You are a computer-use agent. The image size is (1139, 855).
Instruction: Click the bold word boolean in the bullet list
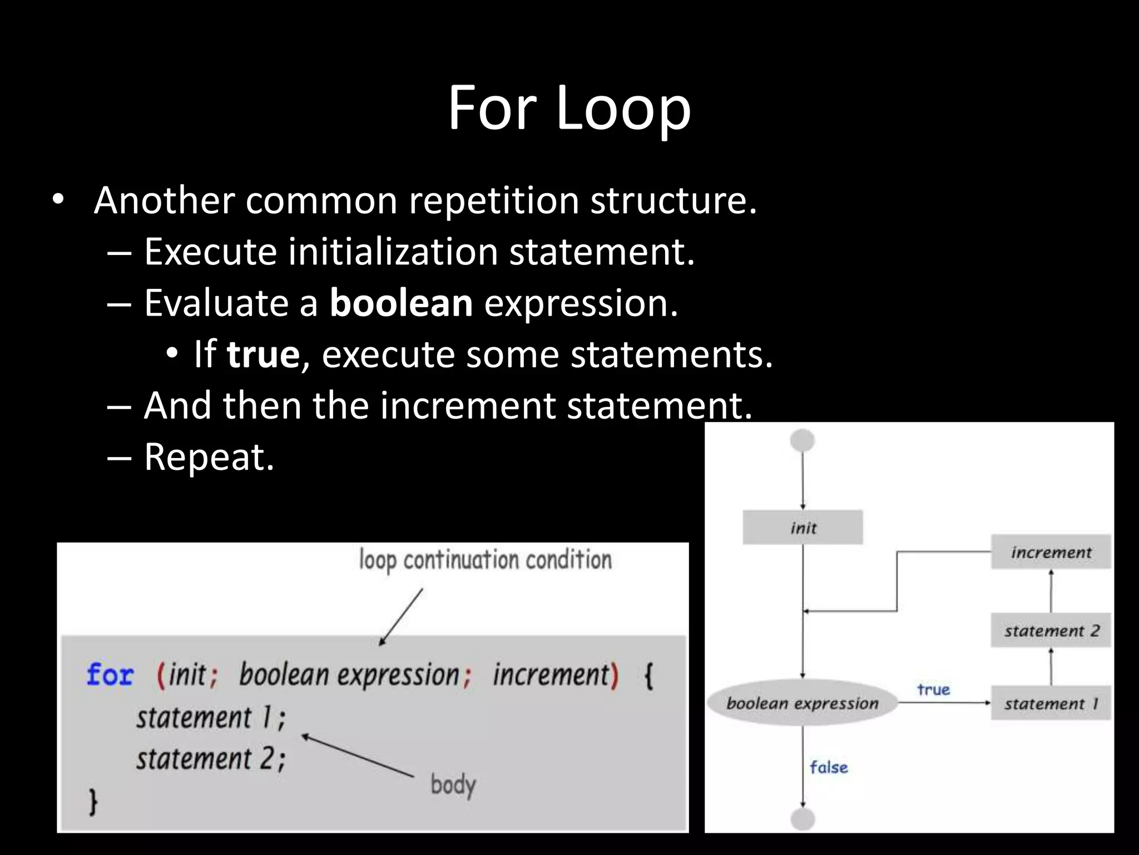click(x=401, y=303)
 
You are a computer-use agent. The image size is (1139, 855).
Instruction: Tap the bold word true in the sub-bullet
click(x=263, y=355)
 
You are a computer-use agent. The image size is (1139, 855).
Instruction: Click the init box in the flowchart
click(x=803, y=527)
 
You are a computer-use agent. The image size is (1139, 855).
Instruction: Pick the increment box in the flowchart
click(x=1051, y=552)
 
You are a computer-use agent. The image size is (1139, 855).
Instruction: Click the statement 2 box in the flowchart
click(x=1051, y=631)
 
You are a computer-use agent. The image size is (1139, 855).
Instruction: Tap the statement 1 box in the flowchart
click(x=1051, y=704)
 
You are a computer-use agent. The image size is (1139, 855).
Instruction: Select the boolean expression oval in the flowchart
click(x=802, y=703)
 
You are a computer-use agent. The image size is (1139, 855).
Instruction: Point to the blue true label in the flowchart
click(x=933, y=690)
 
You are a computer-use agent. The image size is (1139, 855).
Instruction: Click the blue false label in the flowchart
click(x=829, y=768)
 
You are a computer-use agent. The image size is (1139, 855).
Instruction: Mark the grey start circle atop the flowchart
click(x=802, y=441)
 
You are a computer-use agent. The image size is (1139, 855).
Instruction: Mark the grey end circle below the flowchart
click(x=802, y=819)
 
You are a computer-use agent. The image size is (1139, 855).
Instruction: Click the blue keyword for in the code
click(x=110, y=675)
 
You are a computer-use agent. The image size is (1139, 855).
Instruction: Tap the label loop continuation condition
click(x=485, y=560)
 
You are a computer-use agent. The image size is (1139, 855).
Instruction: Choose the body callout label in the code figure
click(x=453, y=785)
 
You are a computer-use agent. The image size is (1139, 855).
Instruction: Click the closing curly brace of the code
click(x=93, y=803)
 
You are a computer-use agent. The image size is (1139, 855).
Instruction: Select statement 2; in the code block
click(x=211, y=759)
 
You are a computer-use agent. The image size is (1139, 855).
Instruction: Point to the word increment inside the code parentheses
click(x=551, y=675)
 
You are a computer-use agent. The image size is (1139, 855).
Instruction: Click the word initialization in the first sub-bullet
click(x=393, y=252)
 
